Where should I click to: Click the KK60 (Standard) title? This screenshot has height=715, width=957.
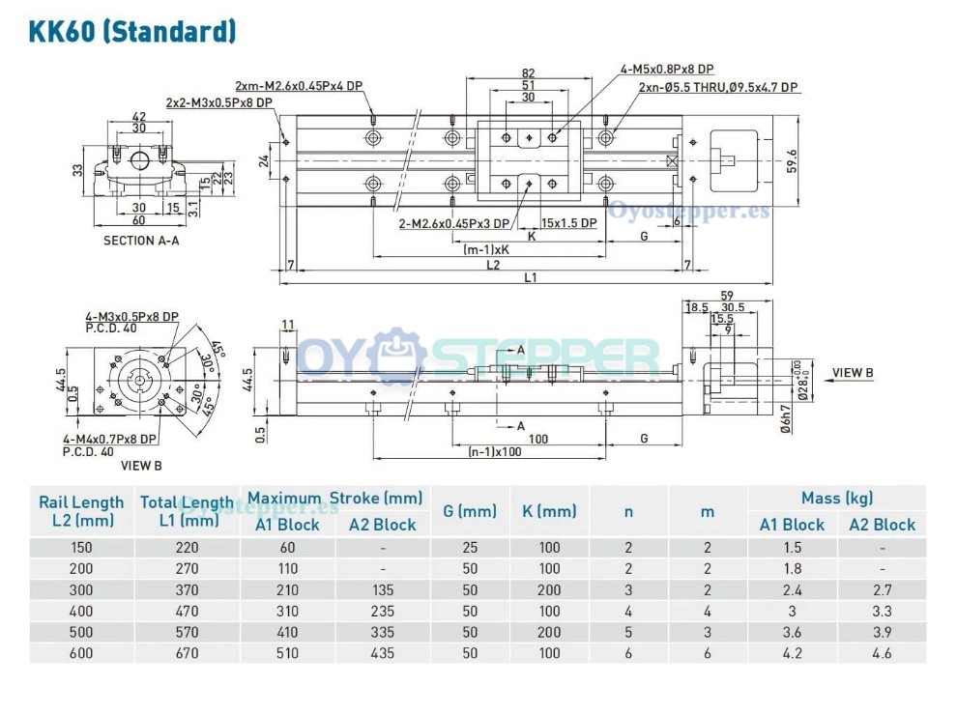[132, 31]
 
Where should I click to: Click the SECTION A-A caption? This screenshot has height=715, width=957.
[141, 241]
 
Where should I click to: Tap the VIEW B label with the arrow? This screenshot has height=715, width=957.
[853, 373]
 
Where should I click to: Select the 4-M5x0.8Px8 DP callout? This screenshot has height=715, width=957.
[667, 69]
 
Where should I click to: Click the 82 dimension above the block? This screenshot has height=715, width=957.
[528, 73]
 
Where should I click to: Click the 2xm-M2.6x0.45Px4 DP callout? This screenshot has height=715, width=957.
[299, 85]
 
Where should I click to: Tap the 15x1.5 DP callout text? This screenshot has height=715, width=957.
[569, 223]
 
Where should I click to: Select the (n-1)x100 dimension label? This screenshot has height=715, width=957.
[494, 451]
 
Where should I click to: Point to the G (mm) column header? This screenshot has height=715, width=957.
[469, 511]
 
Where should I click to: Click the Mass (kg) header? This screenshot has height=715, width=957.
[836, 499]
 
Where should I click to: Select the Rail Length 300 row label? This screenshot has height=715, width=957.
[81, 589]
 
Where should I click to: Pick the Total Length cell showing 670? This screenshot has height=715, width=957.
[186, 653]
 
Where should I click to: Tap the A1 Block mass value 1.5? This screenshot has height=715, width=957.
[792, 547]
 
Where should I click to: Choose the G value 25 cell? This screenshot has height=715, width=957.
[469, 547]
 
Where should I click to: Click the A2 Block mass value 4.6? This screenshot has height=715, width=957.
[882, 653]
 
